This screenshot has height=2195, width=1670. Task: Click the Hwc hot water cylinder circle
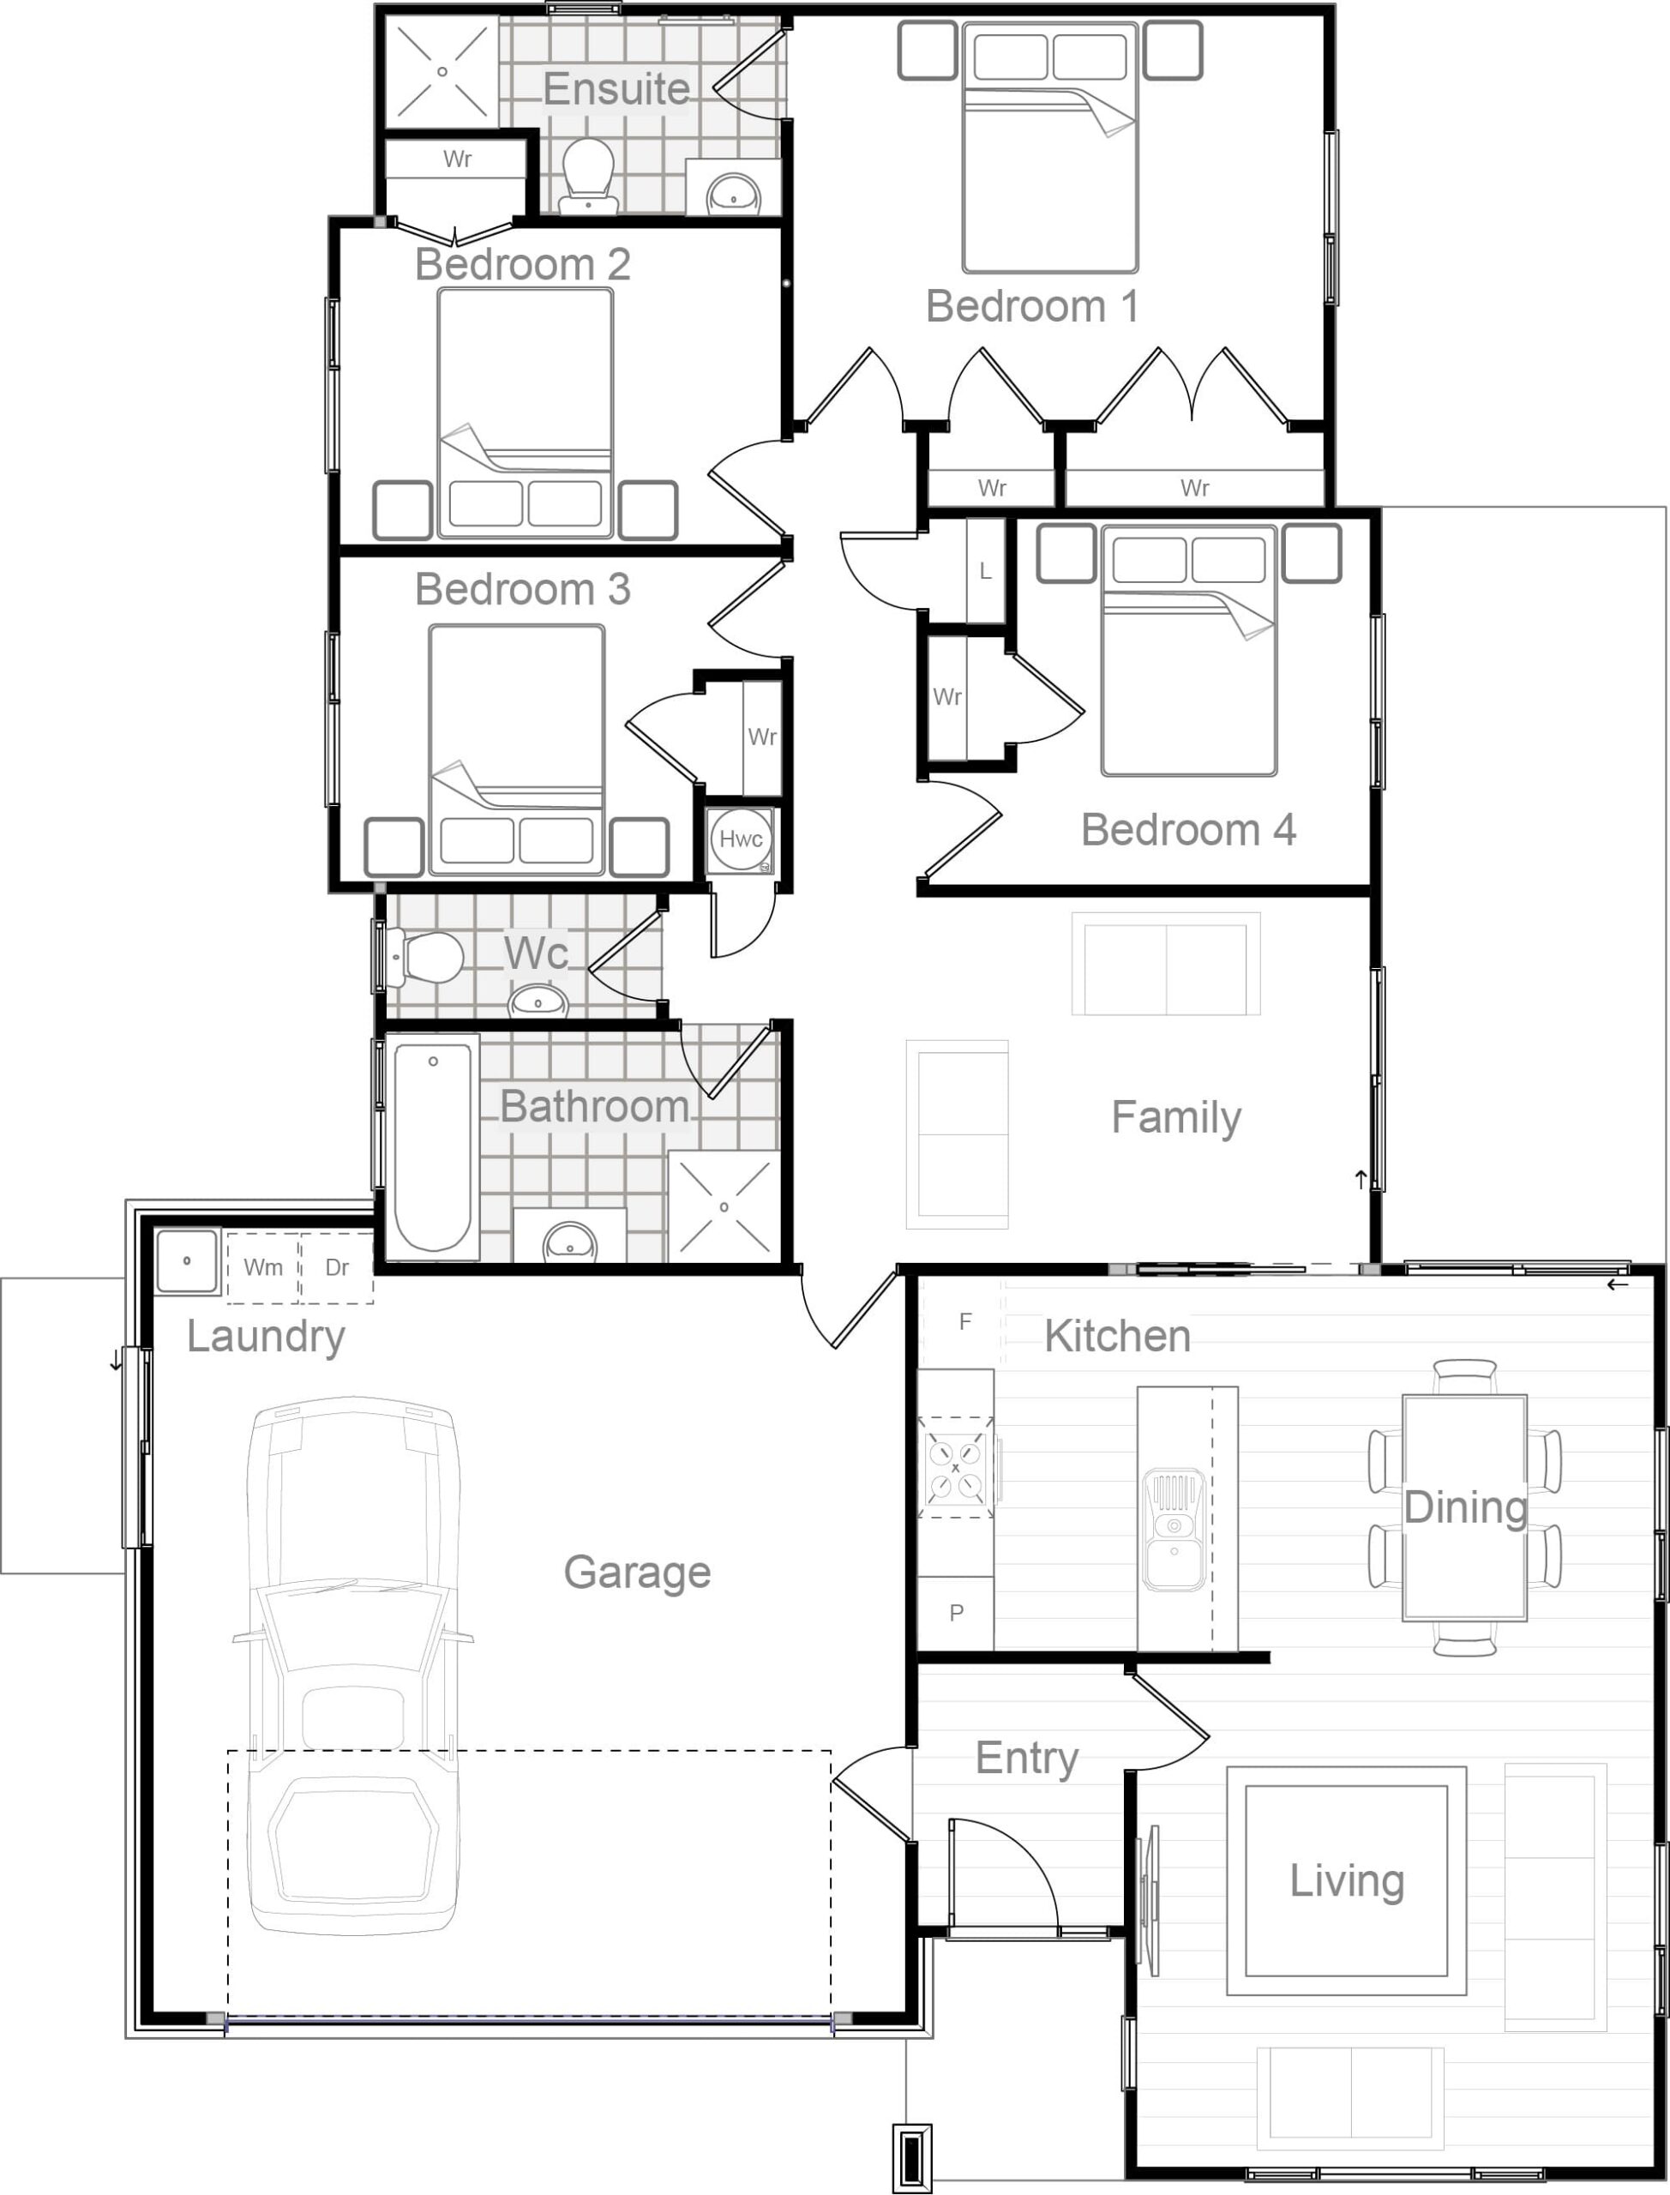tap(741, 838)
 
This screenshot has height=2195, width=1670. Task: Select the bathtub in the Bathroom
tap(434, 1146)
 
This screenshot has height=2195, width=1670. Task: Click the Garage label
tap(637, 1572)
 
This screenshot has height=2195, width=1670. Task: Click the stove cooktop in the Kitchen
tap(955, 1467)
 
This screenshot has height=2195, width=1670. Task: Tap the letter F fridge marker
tap(964, 1321)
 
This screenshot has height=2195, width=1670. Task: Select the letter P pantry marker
tap(956, 1613)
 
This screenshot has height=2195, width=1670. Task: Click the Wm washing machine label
tap(262, 1266)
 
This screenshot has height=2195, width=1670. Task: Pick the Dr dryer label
tap(337, 1266)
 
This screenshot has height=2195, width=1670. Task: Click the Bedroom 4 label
tap(1188, 829)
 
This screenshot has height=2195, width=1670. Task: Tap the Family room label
tap(1176, 1118)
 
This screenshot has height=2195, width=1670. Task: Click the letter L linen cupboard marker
tap(985, 571)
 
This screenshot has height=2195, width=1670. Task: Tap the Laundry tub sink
tap(187, 1261)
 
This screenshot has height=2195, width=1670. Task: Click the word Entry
tap(1027, 1759)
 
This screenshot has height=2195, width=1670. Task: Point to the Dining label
tap(1465, 1507)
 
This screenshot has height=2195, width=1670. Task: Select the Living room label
tap(1347, 1881)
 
